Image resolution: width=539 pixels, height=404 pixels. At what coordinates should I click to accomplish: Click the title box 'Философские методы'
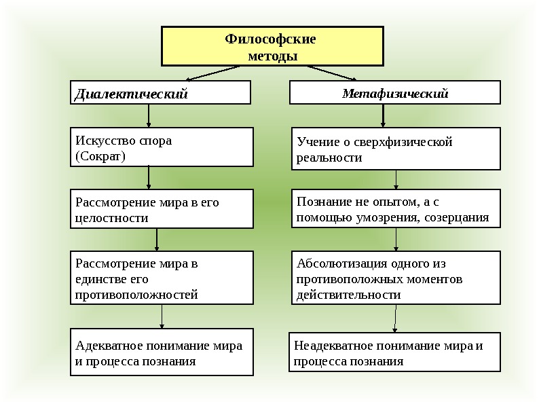pyautogui.click(x=272, y=46)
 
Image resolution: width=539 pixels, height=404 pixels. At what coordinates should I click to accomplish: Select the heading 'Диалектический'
pyautogui.click(x=130, y=94)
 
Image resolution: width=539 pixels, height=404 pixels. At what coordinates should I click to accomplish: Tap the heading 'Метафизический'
pyautogui.click(x=394, y=93)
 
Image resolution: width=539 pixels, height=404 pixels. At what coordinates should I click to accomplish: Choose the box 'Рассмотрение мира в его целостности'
pyautogui.click(x=162, y=210)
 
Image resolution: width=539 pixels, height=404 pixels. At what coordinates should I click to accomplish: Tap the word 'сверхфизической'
pyautogui.click(x=410, y=142)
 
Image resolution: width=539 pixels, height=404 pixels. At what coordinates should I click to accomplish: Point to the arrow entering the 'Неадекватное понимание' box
pyautogui.click(x=396, y=318)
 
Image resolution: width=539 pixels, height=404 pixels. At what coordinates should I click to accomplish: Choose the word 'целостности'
pyautogui.click(x=111, y=218)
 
